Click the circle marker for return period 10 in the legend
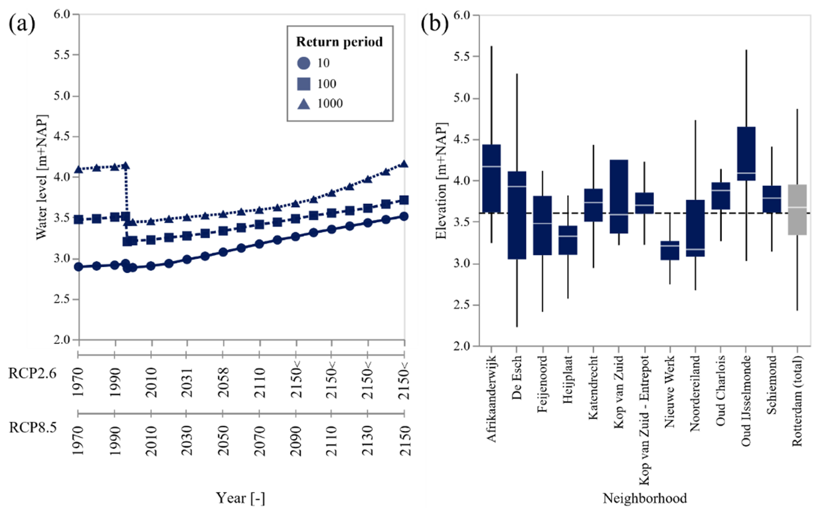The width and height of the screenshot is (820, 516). (x=303, y=64)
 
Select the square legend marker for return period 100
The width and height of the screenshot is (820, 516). (x=303, y=84)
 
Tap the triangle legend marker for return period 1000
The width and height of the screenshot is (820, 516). (x=303, y=104)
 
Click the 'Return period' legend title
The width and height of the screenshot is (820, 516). (x=340, y=42)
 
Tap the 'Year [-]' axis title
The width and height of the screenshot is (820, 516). (x=241, y=497)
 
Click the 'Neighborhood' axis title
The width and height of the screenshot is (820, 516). (x=644, y=498)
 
